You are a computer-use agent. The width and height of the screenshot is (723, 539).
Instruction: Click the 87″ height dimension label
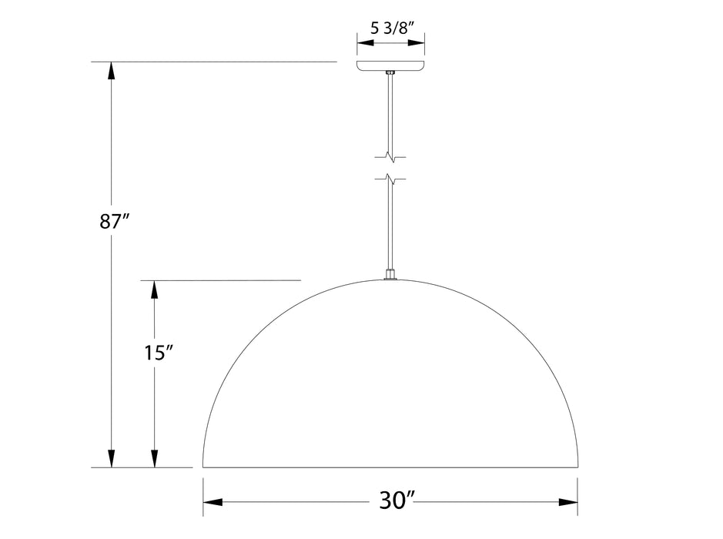pyautogui.click(x=113, y=223)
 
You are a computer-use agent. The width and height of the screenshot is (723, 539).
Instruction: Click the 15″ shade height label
pyautogui.click(x=157, y=353)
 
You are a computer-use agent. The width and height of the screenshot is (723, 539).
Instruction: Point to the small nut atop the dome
pyautogui.click(x=390, y=275)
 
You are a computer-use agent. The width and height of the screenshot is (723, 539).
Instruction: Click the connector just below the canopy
pyautogui.click(x=390, y=73)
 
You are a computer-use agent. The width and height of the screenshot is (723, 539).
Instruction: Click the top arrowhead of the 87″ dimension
pyautogui.click(x=112, y=71)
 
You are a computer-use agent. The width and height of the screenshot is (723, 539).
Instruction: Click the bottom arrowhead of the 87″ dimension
pyautogui.click(x=112, y=457)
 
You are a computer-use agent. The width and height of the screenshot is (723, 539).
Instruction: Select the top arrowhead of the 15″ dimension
pyautogui.click(x=155, y=290)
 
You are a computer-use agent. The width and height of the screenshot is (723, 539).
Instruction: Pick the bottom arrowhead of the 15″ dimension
pyautogui.click(x=155, y=457)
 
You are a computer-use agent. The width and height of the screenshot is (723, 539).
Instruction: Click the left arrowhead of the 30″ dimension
pyautogui.click(x=213, y=502)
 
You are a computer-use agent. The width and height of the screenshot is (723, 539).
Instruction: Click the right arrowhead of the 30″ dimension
pyautogui.click(x=567, y=502)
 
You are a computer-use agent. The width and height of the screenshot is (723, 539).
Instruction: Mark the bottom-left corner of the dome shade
pyautogui.click(x=203, y=466)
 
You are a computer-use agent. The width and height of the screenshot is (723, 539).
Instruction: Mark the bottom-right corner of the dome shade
pyautogui.click(x=577, y=466)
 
